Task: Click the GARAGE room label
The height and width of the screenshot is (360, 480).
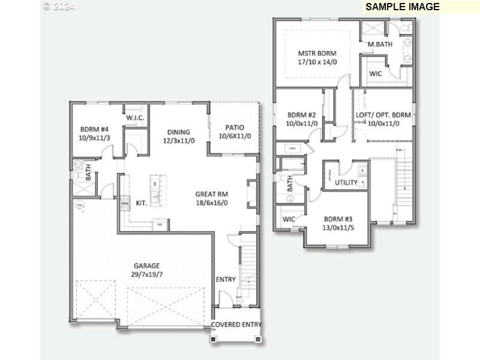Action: pos(146,265)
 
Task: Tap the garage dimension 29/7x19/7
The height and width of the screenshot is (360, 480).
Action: pos(146,274)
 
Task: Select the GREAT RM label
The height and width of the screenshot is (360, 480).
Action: pos(211,194)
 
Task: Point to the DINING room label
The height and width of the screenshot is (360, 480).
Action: pos(179,132)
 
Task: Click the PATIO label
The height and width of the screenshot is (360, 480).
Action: pos(234,127)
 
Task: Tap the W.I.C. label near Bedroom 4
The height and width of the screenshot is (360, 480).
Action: pos(135,118)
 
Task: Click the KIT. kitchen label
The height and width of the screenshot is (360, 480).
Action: pos(142,203)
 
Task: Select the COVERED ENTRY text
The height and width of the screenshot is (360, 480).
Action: pos(236,325)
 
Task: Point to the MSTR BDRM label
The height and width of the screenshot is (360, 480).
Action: pos(317,53)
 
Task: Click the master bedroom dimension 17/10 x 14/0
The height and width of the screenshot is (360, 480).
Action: pos(317,61)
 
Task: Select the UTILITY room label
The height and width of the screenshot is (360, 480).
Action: pos(346,182)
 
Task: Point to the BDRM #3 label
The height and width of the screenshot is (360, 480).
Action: pos(339,219)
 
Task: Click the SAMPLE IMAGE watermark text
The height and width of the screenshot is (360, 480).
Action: pos(402,7)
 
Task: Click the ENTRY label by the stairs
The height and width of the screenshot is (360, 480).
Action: pos(226,279)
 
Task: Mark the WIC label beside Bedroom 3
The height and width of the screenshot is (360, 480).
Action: pos(289,219)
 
